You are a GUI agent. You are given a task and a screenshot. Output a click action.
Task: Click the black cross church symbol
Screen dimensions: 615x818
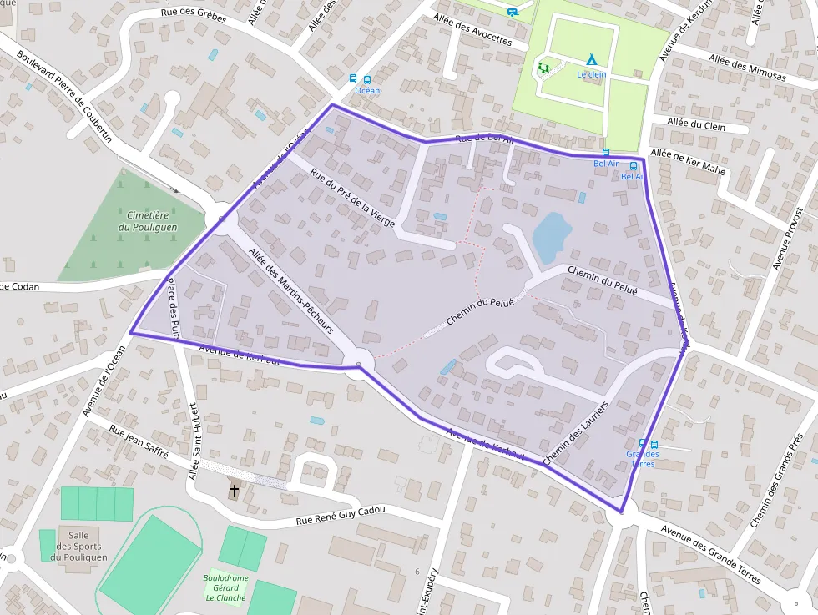235,491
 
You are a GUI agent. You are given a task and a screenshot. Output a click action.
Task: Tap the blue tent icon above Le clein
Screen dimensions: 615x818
591,59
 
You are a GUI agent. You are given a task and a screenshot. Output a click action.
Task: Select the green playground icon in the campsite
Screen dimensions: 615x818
544,68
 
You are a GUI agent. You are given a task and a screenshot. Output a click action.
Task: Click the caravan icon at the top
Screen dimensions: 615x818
512,11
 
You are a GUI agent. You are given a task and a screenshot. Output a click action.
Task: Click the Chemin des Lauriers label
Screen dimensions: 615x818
576,432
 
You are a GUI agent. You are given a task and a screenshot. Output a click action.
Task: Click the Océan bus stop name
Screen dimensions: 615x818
367,90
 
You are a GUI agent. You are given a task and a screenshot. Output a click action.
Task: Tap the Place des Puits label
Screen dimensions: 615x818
173,310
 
